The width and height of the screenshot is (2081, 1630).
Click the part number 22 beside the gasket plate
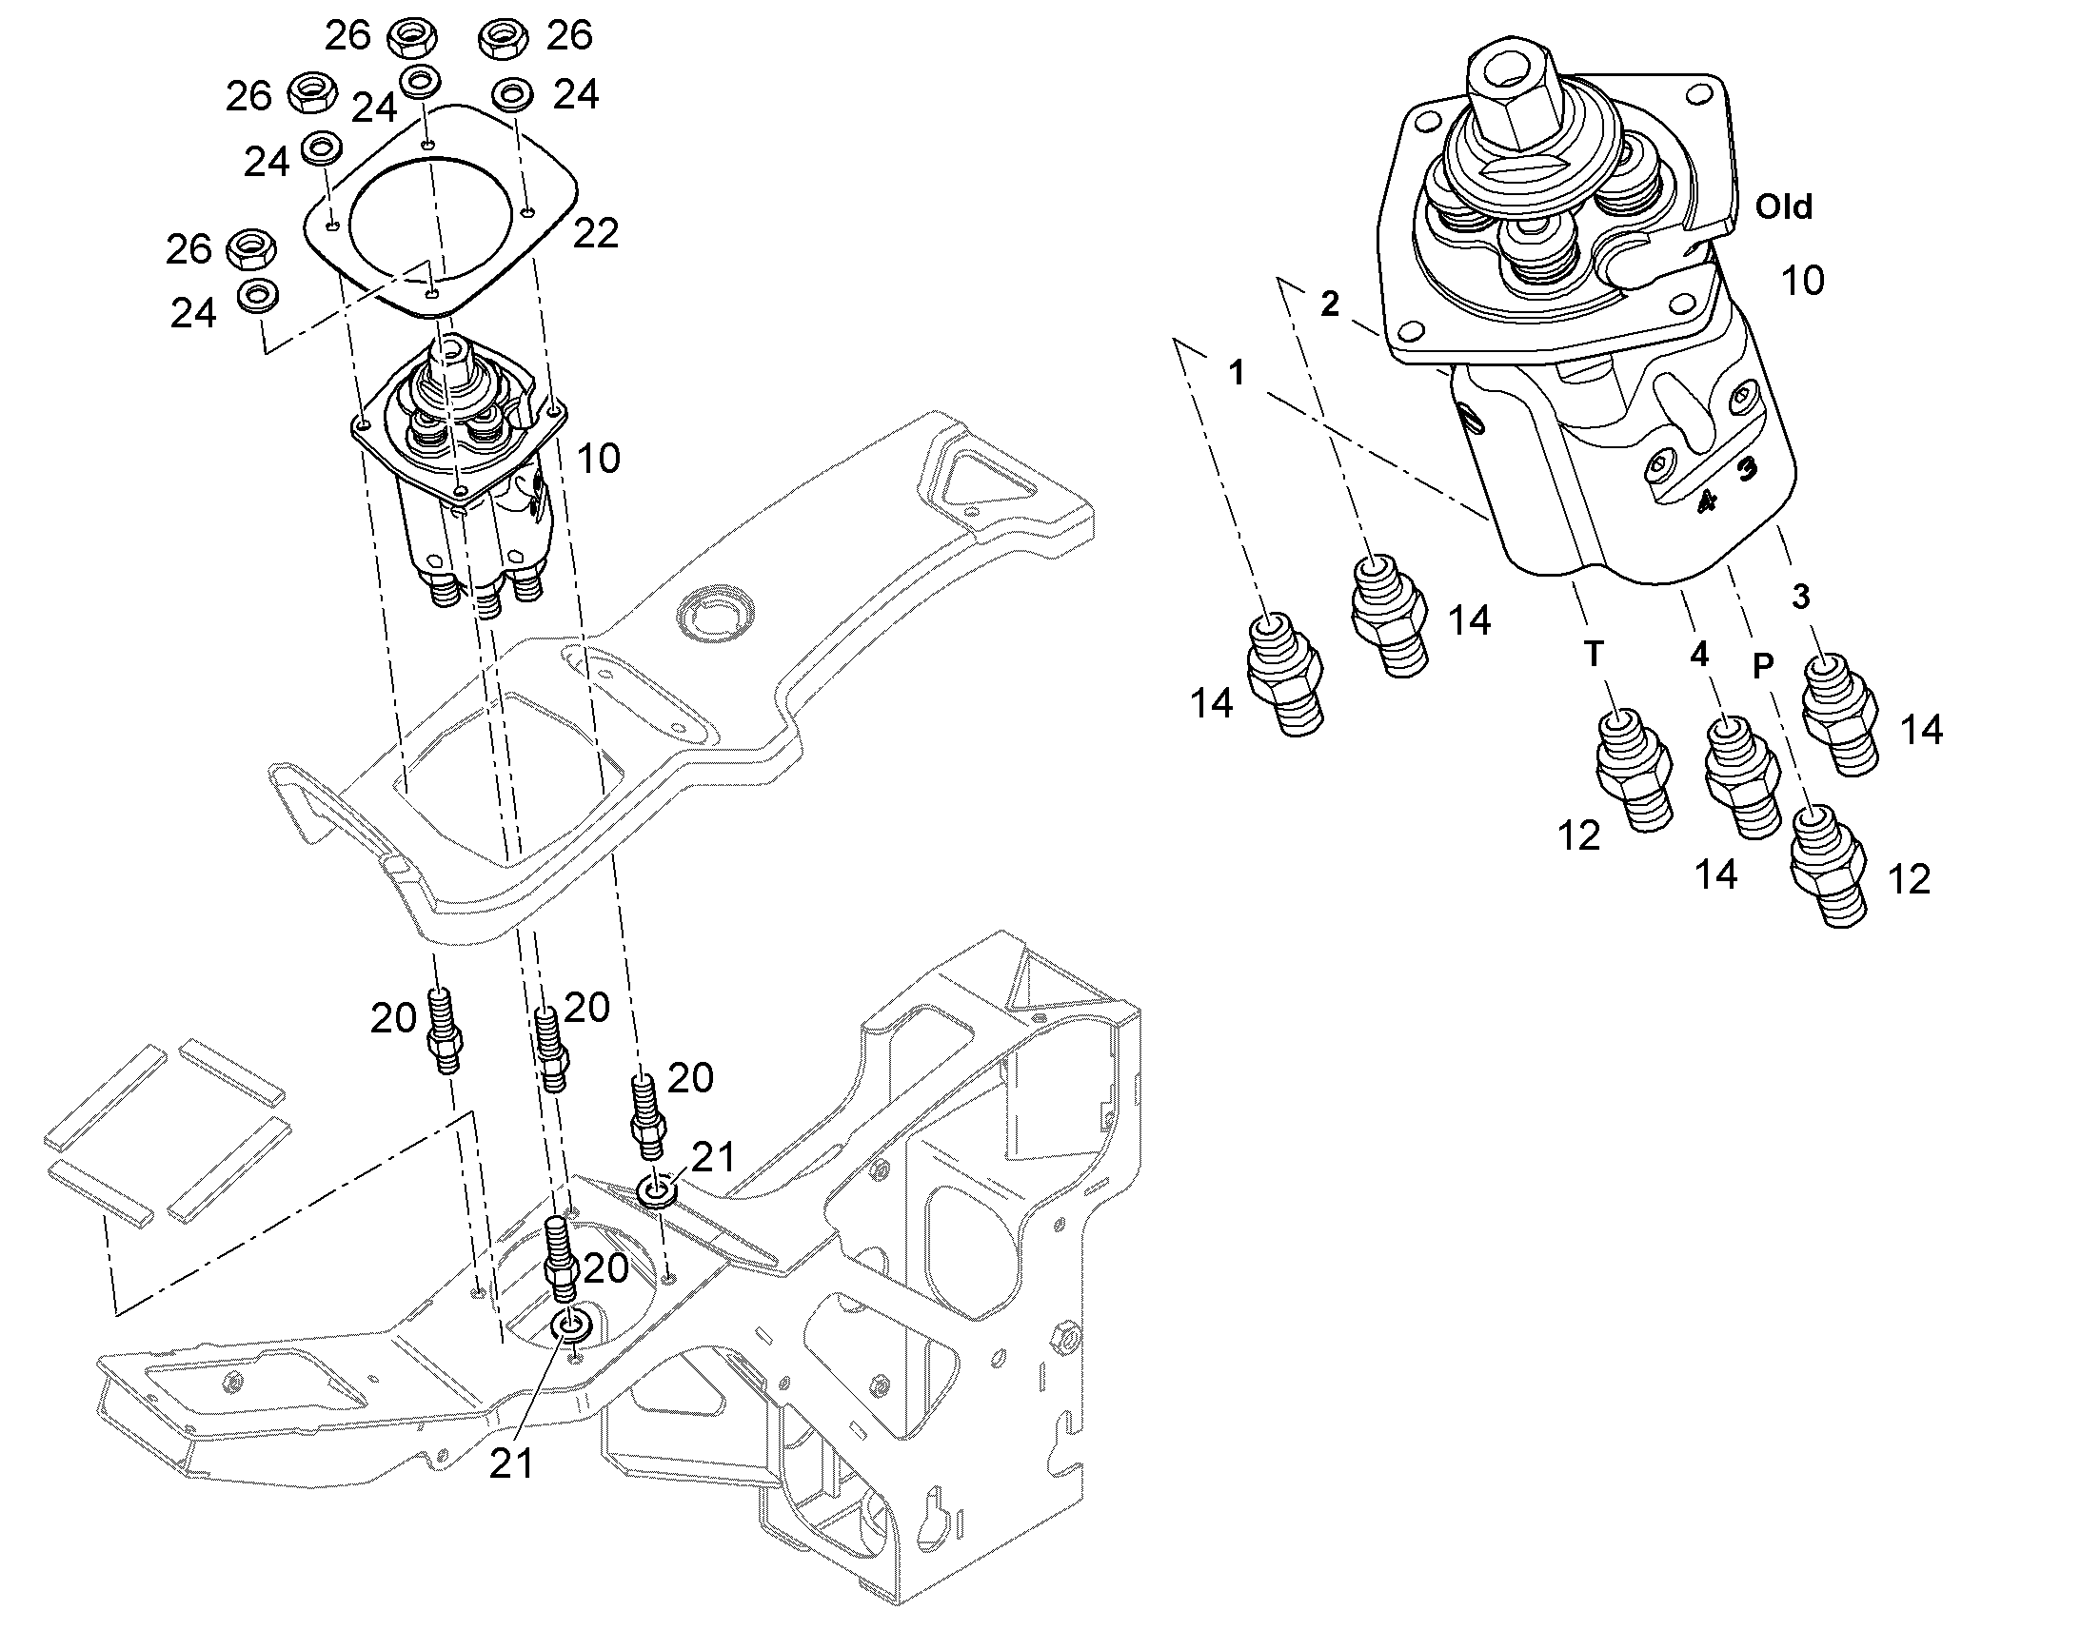pyautogui.click(x=596, y=234)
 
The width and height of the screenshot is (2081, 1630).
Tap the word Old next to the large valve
pyautogui.click(x=1784, y=207)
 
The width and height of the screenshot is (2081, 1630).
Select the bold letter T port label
pyautogui.click(x=1594, y=654)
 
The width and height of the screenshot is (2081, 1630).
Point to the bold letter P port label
pyautogui.click(x=1763, y=666)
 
